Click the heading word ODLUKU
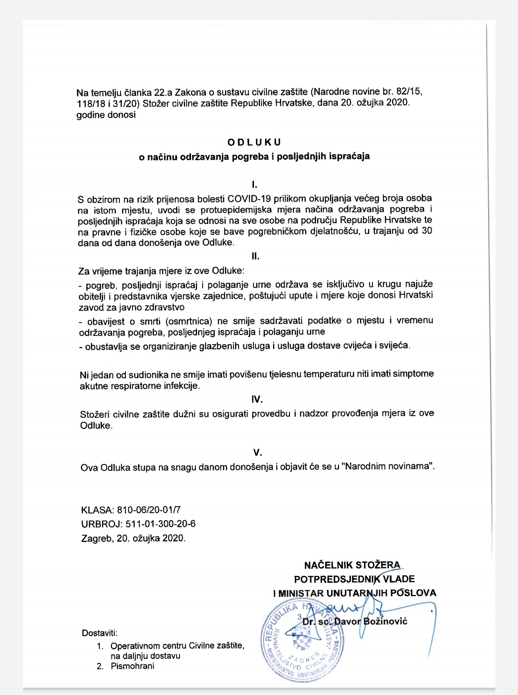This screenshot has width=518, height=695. click(x=254, y=143)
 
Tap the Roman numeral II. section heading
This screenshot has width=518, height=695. click(x=255, y=256)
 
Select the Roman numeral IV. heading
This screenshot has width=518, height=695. click(x=257, y=399)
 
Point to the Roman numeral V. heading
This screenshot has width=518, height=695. click(x=258, y=452)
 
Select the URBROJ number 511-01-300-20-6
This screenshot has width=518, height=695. click(x=160, y=524)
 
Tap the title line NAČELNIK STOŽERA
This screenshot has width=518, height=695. click(x=352, y=565)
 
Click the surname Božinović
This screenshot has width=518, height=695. click(x=385, y=621)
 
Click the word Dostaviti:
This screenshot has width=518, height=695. click(x=99, y=633)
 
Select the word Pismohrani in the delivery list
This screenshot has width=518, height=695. click(x=133, y=666)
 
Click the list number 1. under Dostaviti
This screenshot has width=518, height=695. click(x=100, y=646)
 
